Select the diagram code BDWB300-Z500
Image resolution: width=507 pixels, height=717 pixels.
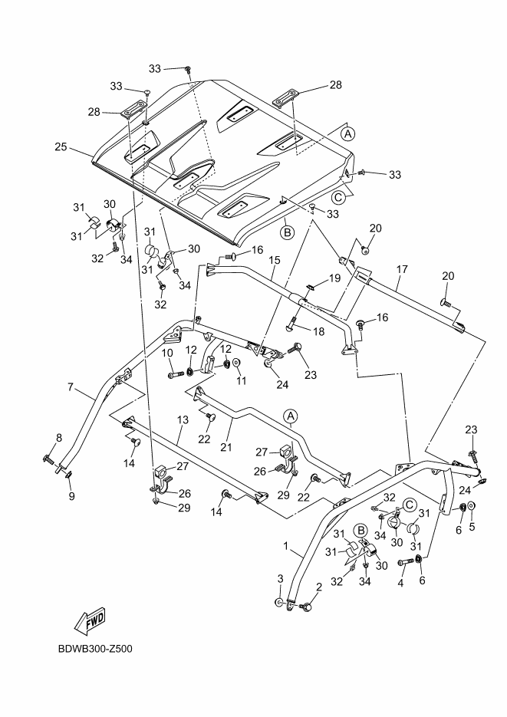tap(95, 650)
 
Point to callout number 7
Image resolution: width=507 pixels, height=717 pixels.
tap(71, 388)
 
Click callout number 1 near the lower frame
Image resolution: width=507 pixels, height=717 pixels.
tap(285, 548)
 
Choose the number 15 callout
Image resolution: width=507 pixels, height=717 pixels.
tap(274, 261)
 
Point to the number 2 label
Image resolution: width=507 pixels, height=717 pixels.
tap(318, 587)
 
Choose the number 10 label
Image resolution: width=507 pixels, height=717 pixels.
tap(166, 352)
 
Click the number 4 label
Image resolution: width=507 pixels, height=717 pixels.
tap(400, 582)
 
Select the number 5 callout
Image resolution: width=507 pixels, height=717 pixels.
tap(472, 527)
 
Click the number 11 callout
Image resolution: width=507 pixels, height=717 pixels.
tap(242, 381)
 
